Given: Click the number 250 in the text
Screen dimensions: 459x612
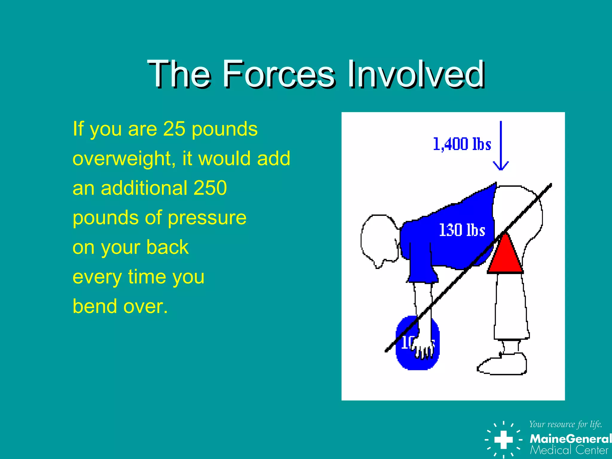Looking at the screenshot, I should pos(210,188).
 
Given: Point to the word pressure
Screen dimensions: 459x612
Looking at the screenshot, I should pos(207,218).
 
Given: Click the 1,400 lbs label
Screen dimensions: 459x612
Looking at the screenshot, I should pos(462,144).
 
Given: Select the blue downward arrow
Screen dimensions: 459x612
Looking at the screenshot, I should pos(501,146).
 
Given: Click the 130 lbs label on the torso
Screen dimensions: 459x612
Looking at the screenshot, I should pos(462,230).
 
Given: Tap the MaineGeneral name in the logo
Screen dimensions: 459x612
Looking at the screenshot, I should pos(570,439).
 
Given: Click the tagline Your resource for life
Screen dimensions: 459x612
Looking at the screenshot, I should pos(565,424).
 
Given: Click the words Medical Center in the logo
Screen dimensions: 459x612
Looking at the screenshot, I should pos(569,450).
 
